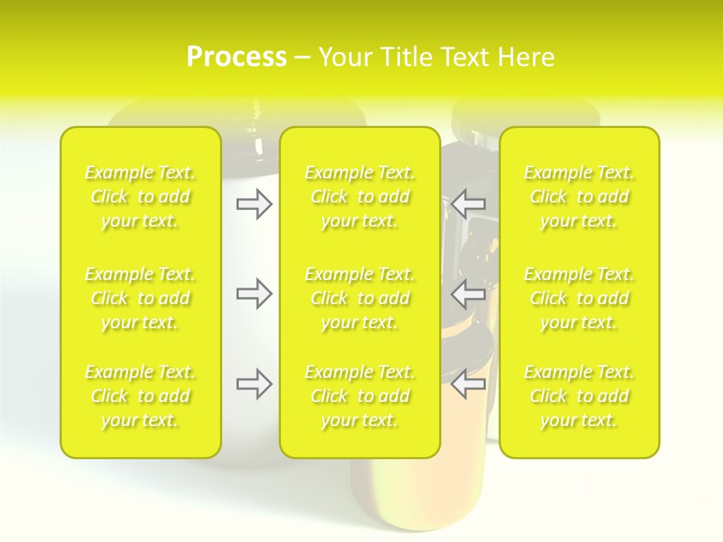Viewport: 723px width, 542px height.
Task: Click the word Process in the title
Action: tap(236, 57)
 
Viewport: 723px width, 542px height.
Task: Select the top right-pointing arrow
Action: tap(254, 204)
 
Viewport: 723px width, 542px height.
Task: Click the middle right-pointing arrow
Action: tap(254, 293)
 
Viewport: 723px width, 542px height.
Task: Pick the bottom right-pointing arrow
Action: tap(254, 384)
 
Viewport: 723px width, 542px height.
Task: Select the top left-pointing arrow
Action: tap(468, 204)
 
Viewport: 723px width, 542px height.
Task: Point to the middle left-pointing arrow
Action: tap(468, 293)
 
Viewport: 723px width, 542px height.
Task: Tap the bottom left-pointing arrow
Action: tap(468, 384)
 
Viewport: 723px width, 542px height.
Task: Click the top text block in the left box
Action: tap(140, 197)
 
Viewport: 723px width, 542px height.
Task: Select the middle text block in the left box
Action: tap(140, 298)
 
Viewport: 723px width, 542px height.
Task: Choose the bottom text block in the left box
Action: tap(140, 396)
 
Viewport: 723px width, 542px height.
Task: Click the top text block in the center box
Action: tap(360, 197)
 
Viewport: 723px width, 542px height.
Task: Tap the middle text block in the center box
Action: tap(360, 298)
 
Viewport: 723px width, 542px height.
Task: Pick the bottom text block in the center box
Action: tap(360, 396)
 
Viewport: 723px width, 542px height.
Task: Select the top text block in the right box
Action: tap(579, 197)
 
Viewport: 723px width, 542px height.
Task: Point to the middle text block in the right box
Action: tap(579, 298)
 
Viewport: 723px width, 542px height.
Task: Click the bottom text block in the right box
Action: tap(579, 396)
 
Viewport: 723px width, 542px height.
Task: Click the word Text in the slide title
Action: tap(464, 57)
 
